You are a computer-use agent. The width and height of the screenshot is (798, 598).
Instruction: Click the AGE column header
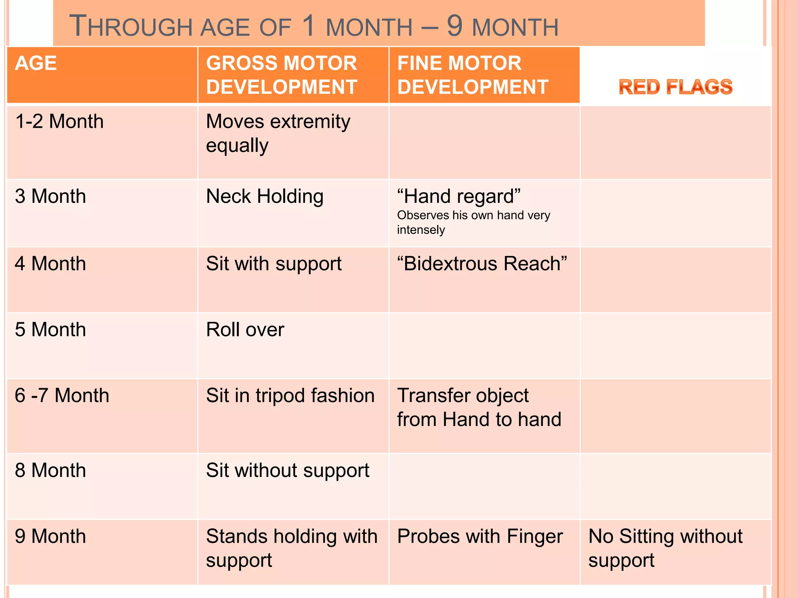point(36,63)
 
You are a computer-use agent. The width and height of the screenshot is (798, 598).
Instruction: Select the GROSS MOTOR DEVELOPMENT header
point(281,75)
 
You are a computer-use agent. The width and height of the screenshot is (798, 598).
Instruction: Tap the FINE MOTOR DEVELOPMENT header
point(473,75)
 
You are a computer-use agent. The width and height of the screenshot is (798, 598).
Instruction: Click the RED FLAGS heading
point(675,87)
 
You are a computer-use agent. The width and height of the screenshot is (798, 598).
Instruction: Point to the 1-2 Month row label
point(59,121)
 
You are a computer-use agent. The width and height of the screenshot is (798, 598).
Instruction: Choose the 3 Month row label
point(50,196)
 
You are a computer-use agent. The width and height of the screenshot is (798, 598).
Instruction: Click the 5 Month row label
point(50,330)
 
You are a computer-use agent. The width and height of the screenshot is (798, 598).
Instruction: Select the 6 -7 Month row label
point(62,396)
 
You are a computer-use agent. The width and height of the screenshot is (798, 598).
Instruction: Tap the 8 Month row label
point(50,470)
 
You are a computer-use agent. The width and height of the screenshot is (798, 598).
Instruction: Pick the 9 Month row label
point(50,536)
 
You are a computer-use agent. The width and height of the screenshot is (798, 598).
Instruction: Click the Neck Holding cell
point(265,196)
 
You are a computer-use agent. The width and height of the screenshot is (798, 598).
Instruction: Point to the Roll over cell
point(245,330)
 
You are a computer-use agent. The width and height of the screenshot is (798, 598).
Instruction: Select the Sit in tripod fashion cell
point(290,396)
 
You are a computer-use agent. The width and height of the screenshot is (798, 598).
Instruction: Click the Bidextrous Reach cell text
point(482,264)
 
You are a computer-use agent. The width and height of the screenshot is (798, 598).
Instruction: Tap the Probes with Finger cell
point(480,536)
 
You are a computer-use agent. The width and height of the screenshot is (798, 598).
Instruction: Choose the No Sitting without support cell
point(665,548)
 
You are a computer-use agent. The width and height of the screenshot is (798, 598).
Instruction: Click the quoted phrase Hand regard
point(459,196)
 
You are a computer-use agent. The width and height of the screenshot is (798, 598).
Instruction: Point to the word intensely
point(421,230)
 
